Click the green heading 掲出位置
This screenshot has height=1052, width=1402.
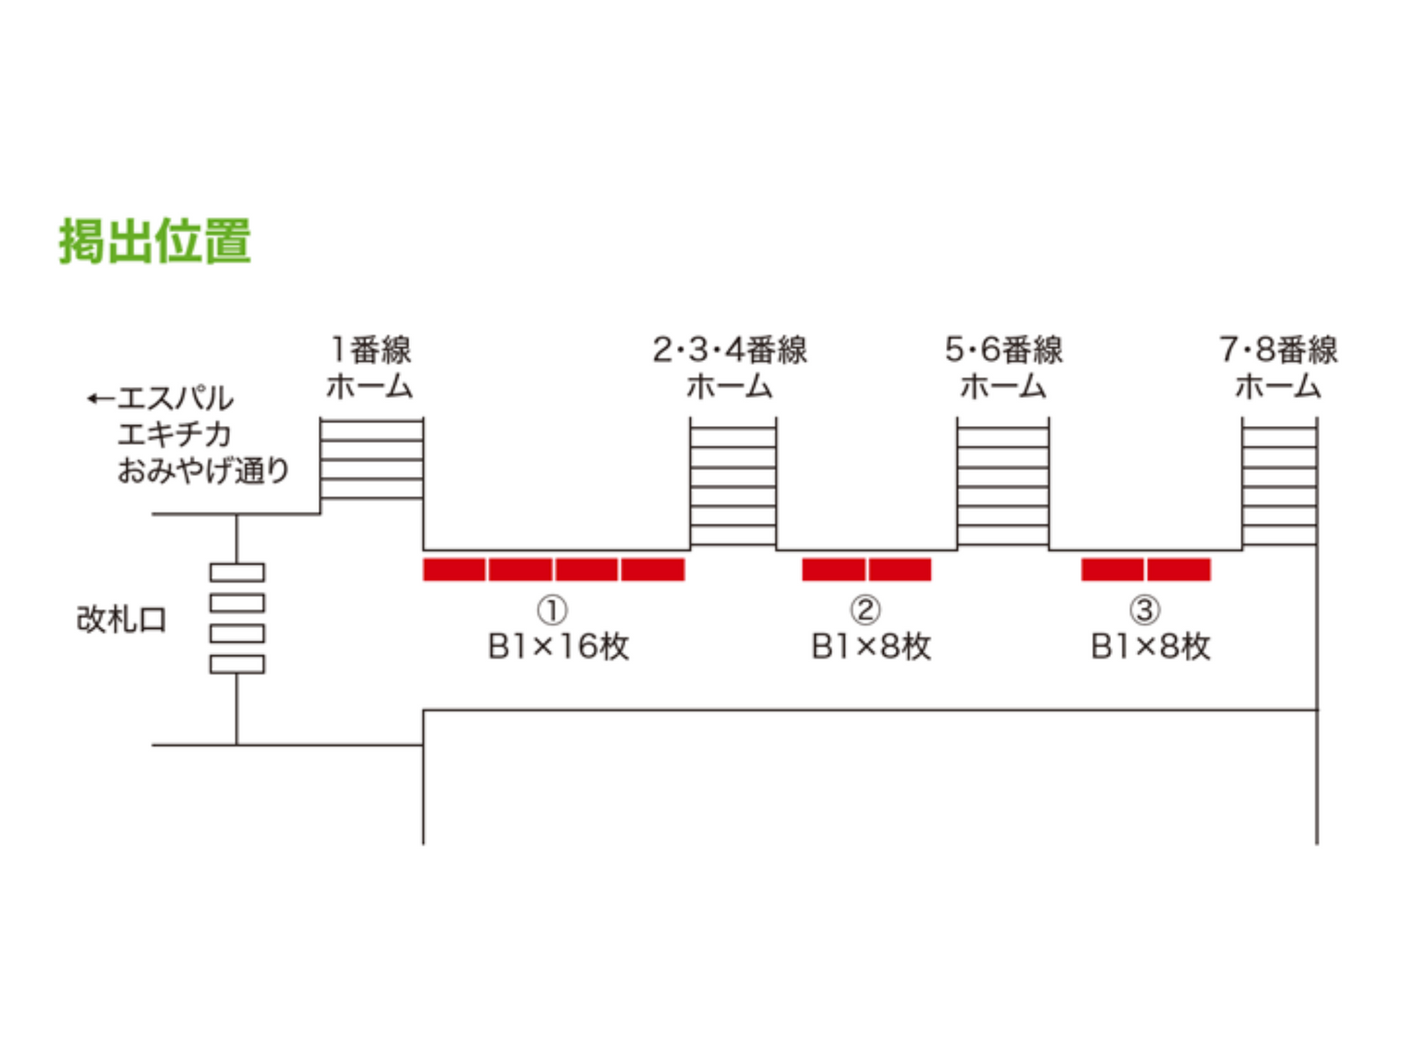155,241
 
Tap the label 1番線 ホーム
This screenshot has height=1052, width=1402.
370,368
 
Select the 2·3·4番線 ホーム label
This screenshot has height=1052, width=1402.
730,368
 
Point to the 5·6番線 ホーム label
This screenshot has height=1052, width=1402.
1003,368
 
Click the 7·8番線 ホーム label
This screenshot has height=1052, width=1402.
1278,368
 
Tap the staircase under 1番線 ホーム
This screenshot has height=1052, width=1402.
372,459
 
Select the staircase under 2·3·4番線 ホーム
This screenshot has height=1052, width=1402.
733,482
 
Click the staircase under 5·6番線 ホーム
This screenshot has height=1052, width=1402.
1002,482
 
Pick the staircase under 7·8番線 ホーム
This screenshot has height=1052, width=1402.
1279,482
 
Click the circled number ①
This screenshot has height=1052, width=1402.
552,610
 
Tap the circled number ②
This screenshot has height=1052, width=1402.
865,609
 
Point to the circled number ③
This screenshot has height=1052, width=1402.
1145,609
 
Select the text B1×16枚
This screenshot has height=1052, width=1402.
558,646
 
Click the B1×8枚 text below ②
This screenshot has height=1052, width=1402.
870,646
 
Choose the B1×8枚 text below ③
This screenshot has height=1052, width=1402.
1150,646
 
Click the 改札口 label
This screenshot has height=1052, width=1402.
121,619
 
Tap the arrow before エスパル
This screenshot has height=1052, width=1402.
100,398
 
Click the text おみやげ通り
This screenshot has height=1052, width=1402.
204,471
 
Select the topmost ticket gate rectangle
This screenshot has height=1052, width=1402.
237,573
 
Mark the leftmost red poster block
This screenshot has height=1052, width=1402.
455,570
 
